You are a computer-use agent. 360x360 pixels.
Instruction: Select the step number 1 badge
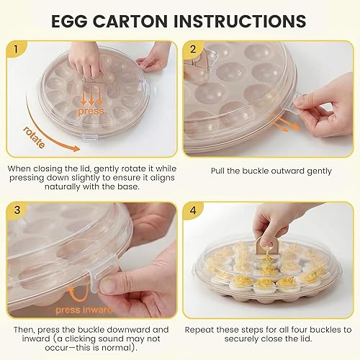coord(14,50)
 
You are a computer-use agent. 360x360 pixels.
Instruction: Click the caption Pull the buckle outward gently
coord(270,171)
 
